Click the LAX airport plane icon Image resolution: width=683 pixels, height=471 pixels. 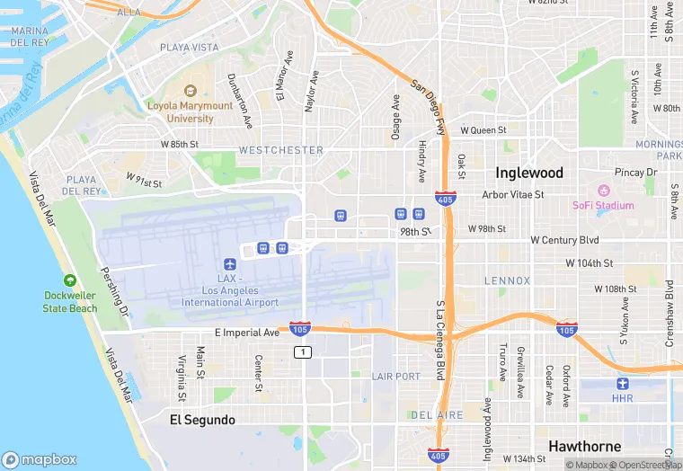[x=230, y=264]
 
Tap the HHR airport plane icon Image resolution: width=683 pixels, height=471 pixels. [x=623, y=384]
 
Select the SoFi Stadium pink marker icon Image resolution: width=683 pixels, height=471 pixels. [x=603, y=191]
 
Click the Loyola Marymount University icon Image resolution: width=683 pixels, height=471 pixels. [x=190, y=91]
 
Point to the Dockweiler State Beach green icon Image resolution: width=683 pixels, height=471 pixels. [x=70, y=281]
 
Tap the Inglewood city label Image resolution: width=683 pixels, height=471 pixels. [x=529, y=173]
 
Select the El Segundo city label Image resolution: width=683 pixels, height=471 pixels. [x=202, y=420]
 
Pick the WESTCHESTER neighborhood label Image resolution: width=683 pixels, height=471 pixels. [x=280, y=150]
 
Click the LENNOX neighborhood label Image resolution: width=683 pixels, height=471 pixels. [x=507, y=280]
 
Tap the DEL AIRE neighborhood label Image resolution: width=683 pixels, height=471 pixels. [x=437, y=415]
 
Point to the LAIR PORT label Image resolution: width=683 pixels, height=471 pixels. [x=395, y=376]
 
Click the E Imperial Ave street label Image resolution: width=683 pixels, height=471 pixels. [x=246, y=333]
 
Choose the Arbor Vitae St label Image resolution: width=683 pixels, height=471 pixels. [x=513, y=194]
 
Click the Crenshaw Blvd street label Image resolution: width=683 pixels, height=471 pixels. [x=669, y=302]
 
